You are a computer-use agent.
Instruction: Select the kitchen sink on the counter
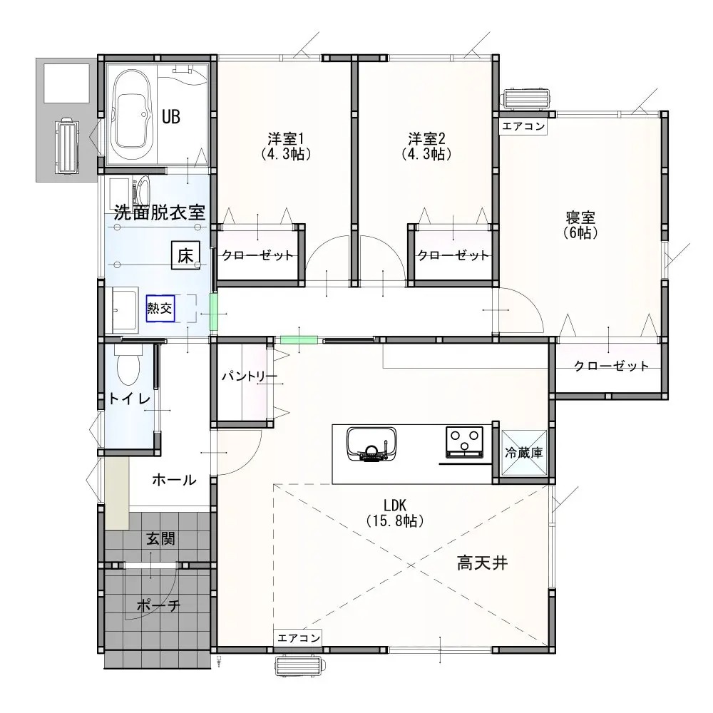371,444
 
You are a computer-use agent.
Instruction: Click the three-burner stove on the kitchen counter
465,441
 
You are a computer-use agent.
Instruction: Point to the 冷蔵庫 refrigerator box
524,453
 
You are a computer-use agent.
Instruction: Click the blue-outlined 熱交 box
160,309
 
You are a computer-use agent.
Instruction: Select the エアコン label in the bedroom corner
523,126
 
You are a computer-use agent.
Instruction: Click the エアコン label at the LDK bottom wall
298,638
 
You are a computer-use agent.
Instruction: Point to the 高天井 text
483,564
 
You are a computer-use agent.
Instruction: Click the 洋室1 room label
286,138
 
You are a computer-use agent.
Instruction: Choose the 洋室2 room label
426,138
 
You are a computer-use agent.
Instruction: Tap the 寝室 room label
580,217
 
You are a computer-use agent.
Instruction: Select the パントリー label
249,376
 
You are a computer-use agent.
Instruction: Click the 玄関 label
160,539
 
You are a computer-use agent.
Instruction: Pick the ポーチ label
159,605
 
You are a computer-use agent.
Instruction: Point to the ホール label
174,480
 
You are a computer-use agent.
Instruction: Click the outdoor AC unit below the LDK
299,666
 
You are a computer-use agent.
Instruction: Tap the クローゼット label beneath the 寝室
611,366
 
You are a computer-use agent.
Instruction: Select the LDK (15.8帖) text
395,513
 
